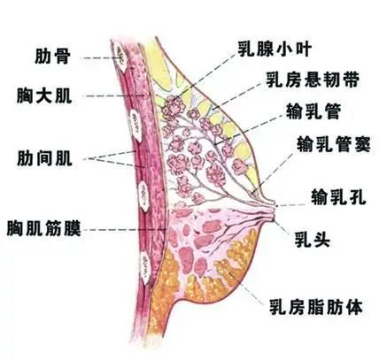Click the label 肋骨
52,57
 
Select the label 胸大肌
44,96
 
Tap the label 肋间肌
44,158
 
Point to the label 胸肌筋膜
43,228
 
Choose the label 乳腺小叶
275,49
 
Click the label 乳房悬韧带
313,80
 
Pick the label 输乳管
313,111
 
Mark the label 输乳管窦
334,144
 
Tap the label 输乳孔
339,197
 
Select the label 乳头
313,239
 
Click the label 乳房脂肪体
316,307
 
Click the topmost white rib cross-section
120,57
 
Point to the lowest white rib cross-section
145,267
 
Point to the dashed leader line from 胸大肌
115,96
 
